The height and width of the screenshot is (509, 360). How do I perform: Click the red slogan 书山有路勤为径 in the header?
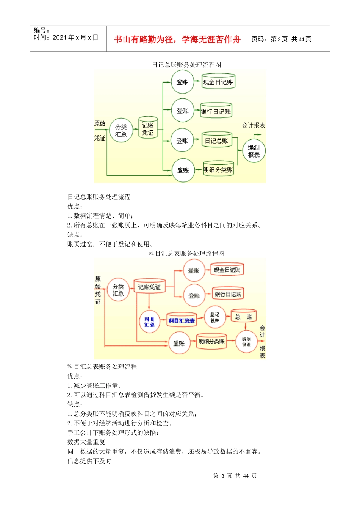coord(177,39)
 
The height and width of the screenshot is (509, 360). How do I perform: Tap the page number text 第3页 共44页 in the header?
coord(281,39)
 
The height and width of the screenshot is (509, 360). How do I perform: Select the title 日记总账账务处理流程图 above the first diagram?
coord(186,65)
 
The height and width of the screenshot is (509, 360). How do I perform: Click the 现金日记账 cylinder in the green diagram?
coord(218,82)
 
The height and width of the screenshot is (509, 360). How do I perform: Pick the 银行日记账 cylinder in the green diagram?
coord(216,111)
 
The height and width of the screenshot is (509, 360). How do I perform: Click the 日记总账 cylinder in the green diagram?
coord(216,141)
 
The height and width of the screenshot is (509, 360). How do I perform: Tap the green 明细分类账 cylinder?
coord(218,170)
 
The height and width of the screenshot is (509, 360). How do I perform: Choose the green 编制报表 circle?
coord(254,151)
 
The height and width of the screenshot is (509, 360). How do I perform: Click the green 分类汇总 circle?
coord(121,131)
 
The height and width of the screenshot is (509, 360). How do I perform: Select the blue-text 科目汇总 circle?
coord(149,322)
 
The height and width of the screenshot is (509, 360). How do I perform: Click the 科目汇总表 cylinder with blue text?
coord(182,320)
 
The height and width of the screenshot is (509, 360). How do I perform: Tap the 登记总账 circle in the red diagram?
coord(215,317)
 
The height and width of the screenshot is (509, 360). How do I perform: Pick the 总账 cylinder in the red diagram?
coord(244,317)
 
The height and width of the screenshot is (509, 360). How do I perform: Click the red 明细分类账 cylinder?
coord(211,342)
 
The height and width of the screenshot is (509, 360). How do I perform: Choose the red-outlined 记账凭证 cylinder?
coord(149,287)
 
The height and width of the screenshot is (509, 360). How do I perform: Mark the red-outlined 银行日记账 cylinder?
coord(227,294)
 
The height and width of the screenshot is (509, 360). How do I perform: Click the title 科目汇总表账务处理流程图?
coord(186,253)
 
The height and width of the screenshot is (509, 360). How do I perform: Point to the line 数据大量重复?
coord(86,442)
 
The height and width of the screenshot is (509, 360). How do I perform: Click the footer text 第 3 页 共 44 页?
coord(235,476)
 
